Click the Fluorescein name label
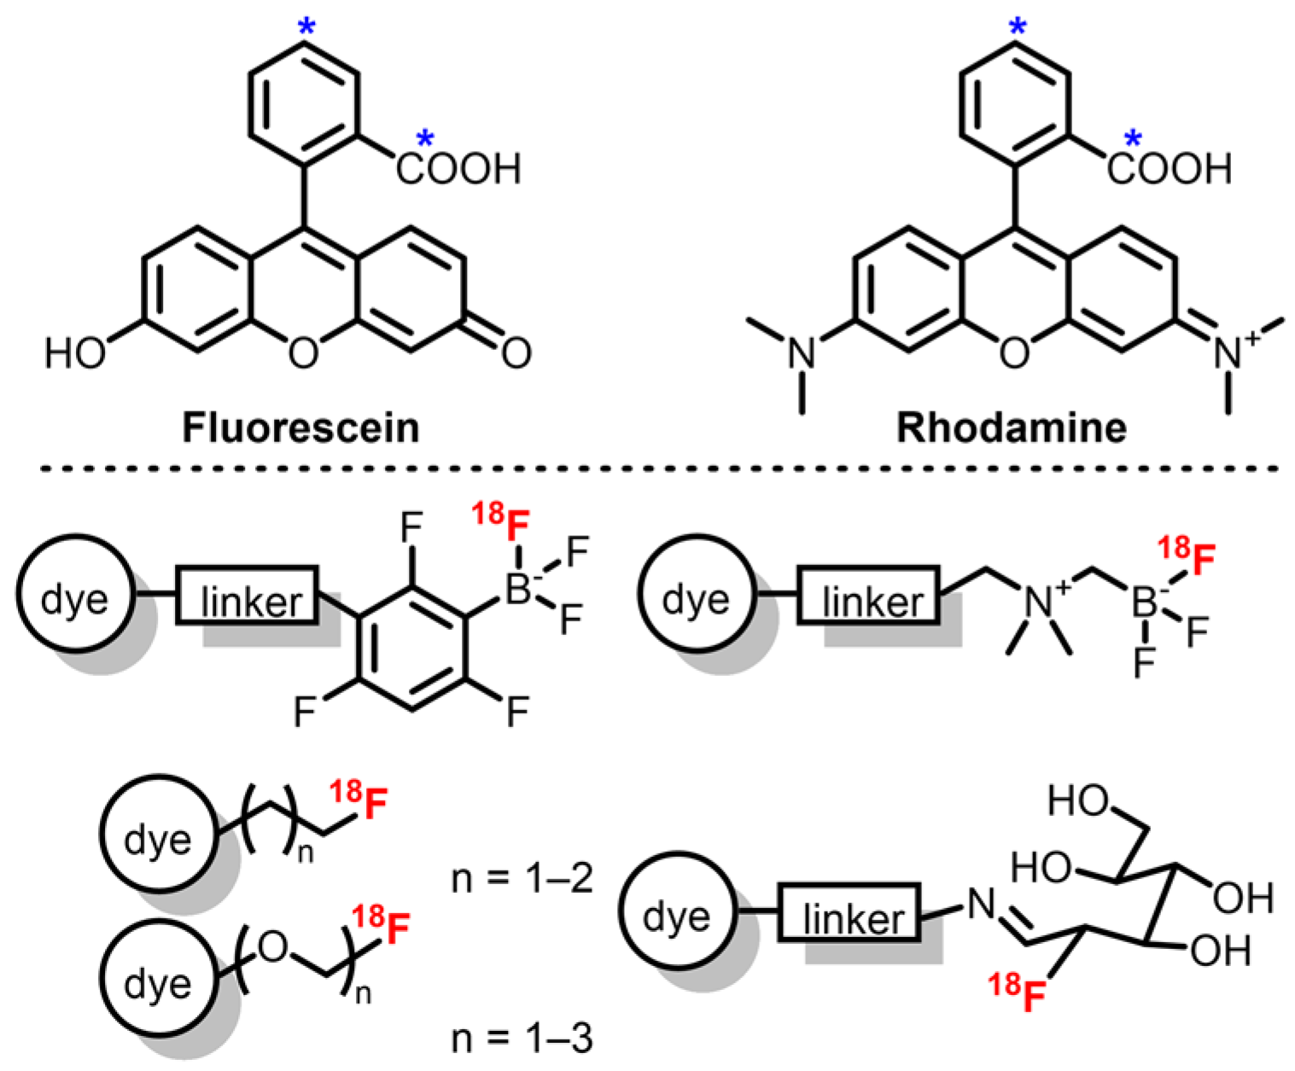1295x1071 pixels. coord(300,428)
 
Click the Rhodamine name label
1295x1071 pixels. coord(1011,428)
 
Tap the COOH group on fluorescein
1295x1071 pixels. coord(458,169)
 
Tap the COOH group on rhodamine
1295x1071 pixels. coord(1170,169)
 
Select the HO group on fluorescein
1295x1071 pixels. coord(75,352)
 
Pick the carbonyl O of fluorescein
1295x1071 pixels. coord(516,352)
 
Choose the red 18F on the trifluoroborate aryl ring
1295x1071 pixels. coord(504,525)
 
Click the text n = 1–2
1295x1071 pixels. coord(522,878)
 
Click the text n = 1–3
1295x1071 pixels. coord(522,1039)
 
